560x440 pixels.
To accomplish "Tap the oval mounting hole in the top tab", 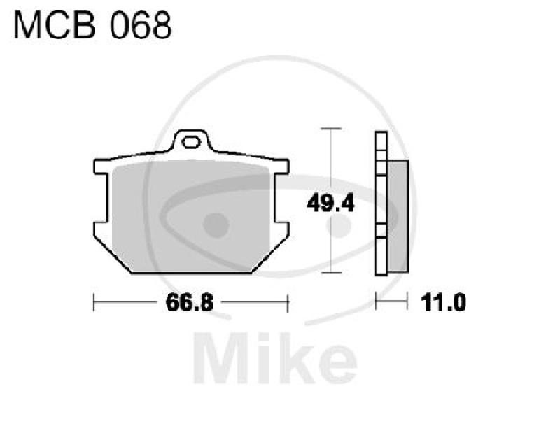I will (x=190, y=145).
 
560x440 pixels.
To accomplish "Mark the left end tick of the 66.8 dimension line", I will (x=94, y=303).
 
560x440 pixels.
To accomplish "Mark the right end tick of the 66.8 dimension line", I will (x=288, y=303).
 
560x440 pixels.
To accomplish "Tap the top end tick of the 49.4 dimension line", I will (x=330, y=129).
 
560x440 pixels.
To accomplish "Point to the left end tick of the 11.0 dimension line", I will (x=377, y=303).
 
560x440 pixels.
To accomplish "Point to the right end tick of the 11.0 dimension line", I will (x=407, y=303).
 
